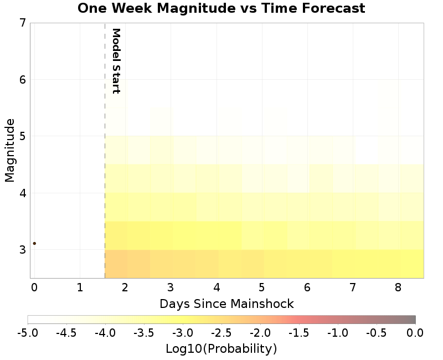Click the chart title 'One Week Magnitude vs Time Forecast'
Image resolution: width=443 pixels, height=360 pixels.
[221, 9]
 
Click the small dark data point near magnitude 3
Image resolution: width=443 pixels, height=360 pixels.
[34, 243]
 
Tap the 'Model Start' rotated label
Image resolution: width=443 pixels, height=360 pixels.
[116, 61]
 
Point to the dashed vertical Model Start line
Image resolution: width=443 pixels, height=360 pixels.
[105, 166]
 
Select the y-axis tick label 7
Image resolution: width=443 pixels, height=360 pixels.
[22, 23]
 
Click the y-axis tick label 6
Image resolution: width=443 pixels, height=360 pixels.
[22, 80]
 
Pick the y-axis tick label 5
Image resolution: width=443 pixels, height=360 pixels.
[22, 136]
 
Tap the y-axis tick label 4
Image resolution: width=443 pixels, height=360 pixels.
[22, 193]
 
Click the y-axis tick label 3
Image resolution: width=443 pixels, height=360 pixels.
[22, 250]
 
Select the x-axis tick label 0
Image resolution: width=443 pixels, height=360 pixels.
[34, 287]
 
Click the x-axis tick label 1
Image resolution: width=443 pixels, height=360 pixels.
[80, 287]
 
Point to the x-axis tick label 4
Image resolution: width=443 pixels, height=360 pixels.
[217, 287]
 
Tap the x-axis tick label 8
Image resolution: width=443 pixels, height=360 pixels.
[398, 287]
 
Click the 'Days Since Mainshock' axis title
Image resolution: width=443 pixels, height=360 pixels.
[226, 304]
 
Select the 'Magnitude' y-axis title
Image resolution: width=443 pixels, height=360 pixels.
[9, 150]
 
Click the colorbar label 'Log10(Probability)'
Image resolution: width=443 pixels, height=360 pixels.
[221, 349]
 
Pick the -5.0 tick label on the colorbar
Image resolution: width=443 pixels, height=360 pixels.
[28, 333]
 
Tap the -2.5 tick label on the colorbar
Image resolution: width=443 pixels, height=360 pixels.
[221, 333]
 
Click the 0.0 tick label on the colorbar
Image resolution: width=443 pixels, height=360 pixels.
[415, 333]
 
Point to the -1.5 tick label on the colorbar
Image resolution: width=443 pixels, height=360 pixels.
[299, 333]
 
